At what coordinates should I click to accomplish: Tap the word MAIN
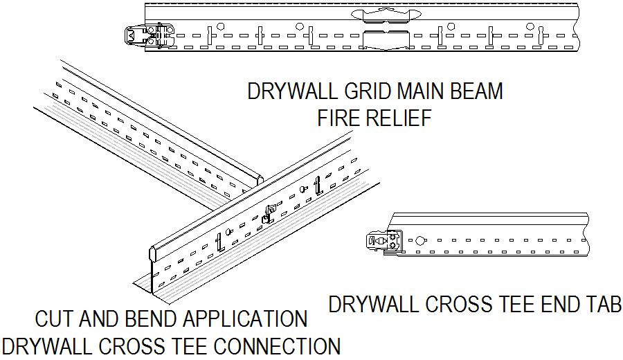pos(421,91)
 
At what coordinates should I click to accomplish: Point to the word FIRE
pos(338,118)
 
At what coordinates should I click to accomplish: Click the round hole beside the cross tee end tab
pos(419,240)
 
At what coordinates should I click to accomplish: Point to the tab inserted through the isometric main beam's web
pos(271,211)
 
